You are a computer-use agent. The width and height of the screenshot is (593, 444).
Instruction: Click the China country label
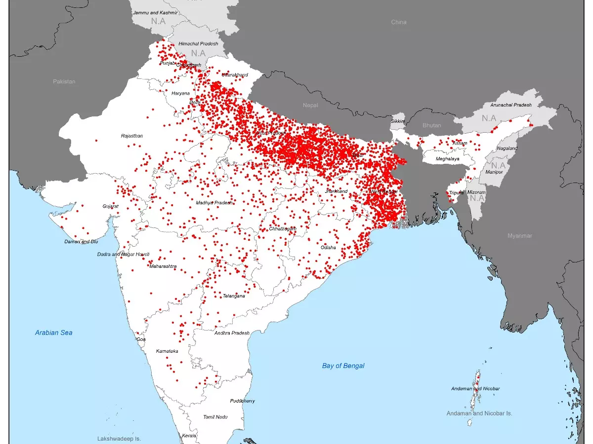399,22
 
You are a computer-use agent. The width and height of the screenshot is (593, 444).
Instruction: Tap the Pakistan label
64,81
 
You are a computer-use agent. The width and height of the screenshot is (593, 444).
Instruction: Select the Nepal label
311,105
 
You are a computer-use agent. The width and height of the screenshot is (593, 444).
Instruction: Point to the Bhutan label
431,125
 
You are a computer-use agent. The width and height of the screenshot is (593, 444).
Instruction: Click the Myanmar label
520,236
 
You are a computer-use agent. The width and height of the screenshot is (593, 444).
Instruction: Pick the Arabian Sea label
53,333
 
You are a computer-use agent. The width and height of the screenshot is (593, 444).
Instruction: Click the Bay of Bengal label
343,366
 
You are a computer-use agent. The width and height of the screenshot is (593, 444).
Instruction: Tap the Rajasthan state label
132,136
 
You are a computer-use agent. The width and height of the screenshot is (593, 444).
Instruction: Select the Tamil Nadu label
215,417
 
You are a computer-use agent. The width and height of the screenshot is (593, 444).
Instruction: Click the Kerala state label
189,436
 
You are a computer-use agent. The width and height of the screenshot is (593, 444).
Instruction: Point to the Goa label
141,339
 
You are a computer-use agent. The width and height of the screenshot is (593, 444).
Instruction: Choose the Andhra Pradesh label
232,333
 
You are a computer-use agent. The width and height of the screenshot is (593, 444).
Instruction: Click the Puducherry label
242,401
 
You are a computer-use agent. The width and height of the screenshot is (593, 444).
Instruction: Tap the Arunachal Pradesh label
511,105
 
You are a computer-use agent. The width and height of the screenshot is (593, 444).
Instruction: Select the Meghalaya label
447,159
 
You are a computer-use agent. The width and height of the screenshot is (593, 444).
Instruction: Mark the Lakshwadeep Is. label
119,438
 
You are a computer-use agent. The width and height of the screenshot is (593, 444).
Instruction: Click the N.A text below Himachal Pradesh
198,53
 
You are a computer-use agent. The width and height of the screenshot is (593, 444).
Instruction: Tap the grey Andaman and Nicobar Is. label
479,413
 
